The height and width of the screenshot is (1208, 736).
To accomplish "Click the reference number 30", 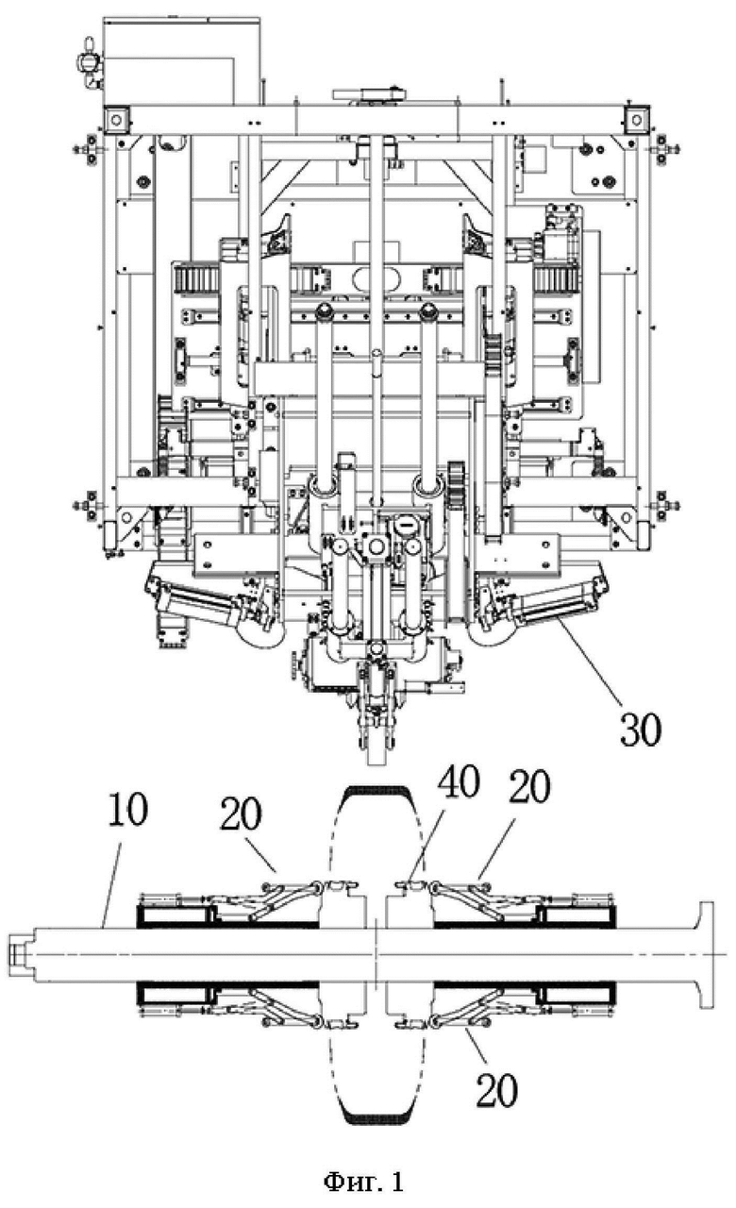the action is [641, 730].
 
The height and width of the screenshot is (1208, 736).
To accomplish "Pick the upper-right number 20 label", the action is [529, 787].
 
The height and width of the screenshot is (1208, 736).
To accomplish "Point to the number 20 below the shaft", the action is [496, 1091].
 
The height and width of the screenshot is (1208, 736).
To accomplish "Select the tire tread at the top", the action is [378, 793].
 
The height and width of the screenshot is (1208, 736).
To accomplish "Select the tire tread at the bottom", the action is [377, 1116].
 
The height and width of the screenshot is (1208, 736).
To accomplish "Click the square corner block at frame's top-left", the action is [116, 119].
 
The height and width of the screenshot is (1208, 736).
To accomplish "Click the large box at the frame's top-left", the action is [181, 61].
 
